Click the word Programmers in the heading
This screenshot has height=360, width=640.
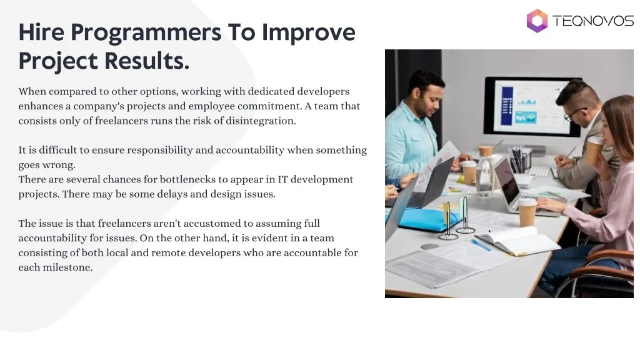coord(146,32)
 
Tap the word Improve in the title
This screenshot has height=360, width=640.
coord(309,32)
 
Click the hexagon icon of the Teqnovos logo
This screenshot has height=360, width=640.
coord(537,21)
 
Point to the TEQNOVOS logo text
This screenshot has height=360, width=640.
coord(593,21)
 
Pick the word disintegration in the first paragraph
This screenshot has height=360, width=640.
coord(261,121)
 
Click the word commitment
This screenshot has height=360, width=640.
coord(269,106)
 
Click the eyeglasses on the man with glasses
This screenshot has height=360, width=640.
coord(575,114)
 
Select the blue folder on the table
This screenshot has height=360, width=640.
coord(425,219)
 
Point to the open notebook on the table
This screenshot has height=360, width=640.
coord(518,241)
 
